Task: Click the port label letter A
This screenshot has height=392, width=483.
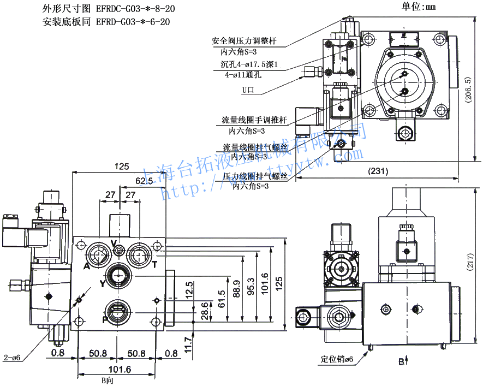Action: (87, 266)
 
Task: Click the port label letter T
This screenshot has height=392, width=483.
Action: (154, 265)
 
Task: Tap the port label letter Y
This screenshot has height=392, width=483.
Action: (102, 283)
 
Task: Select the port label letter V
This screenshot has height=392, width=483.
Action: (114, 242)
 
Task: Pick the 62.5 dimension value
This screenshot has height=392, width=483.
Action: (145, 181)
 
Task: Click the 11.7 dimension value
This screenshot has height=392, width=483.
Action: (188, 345)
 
